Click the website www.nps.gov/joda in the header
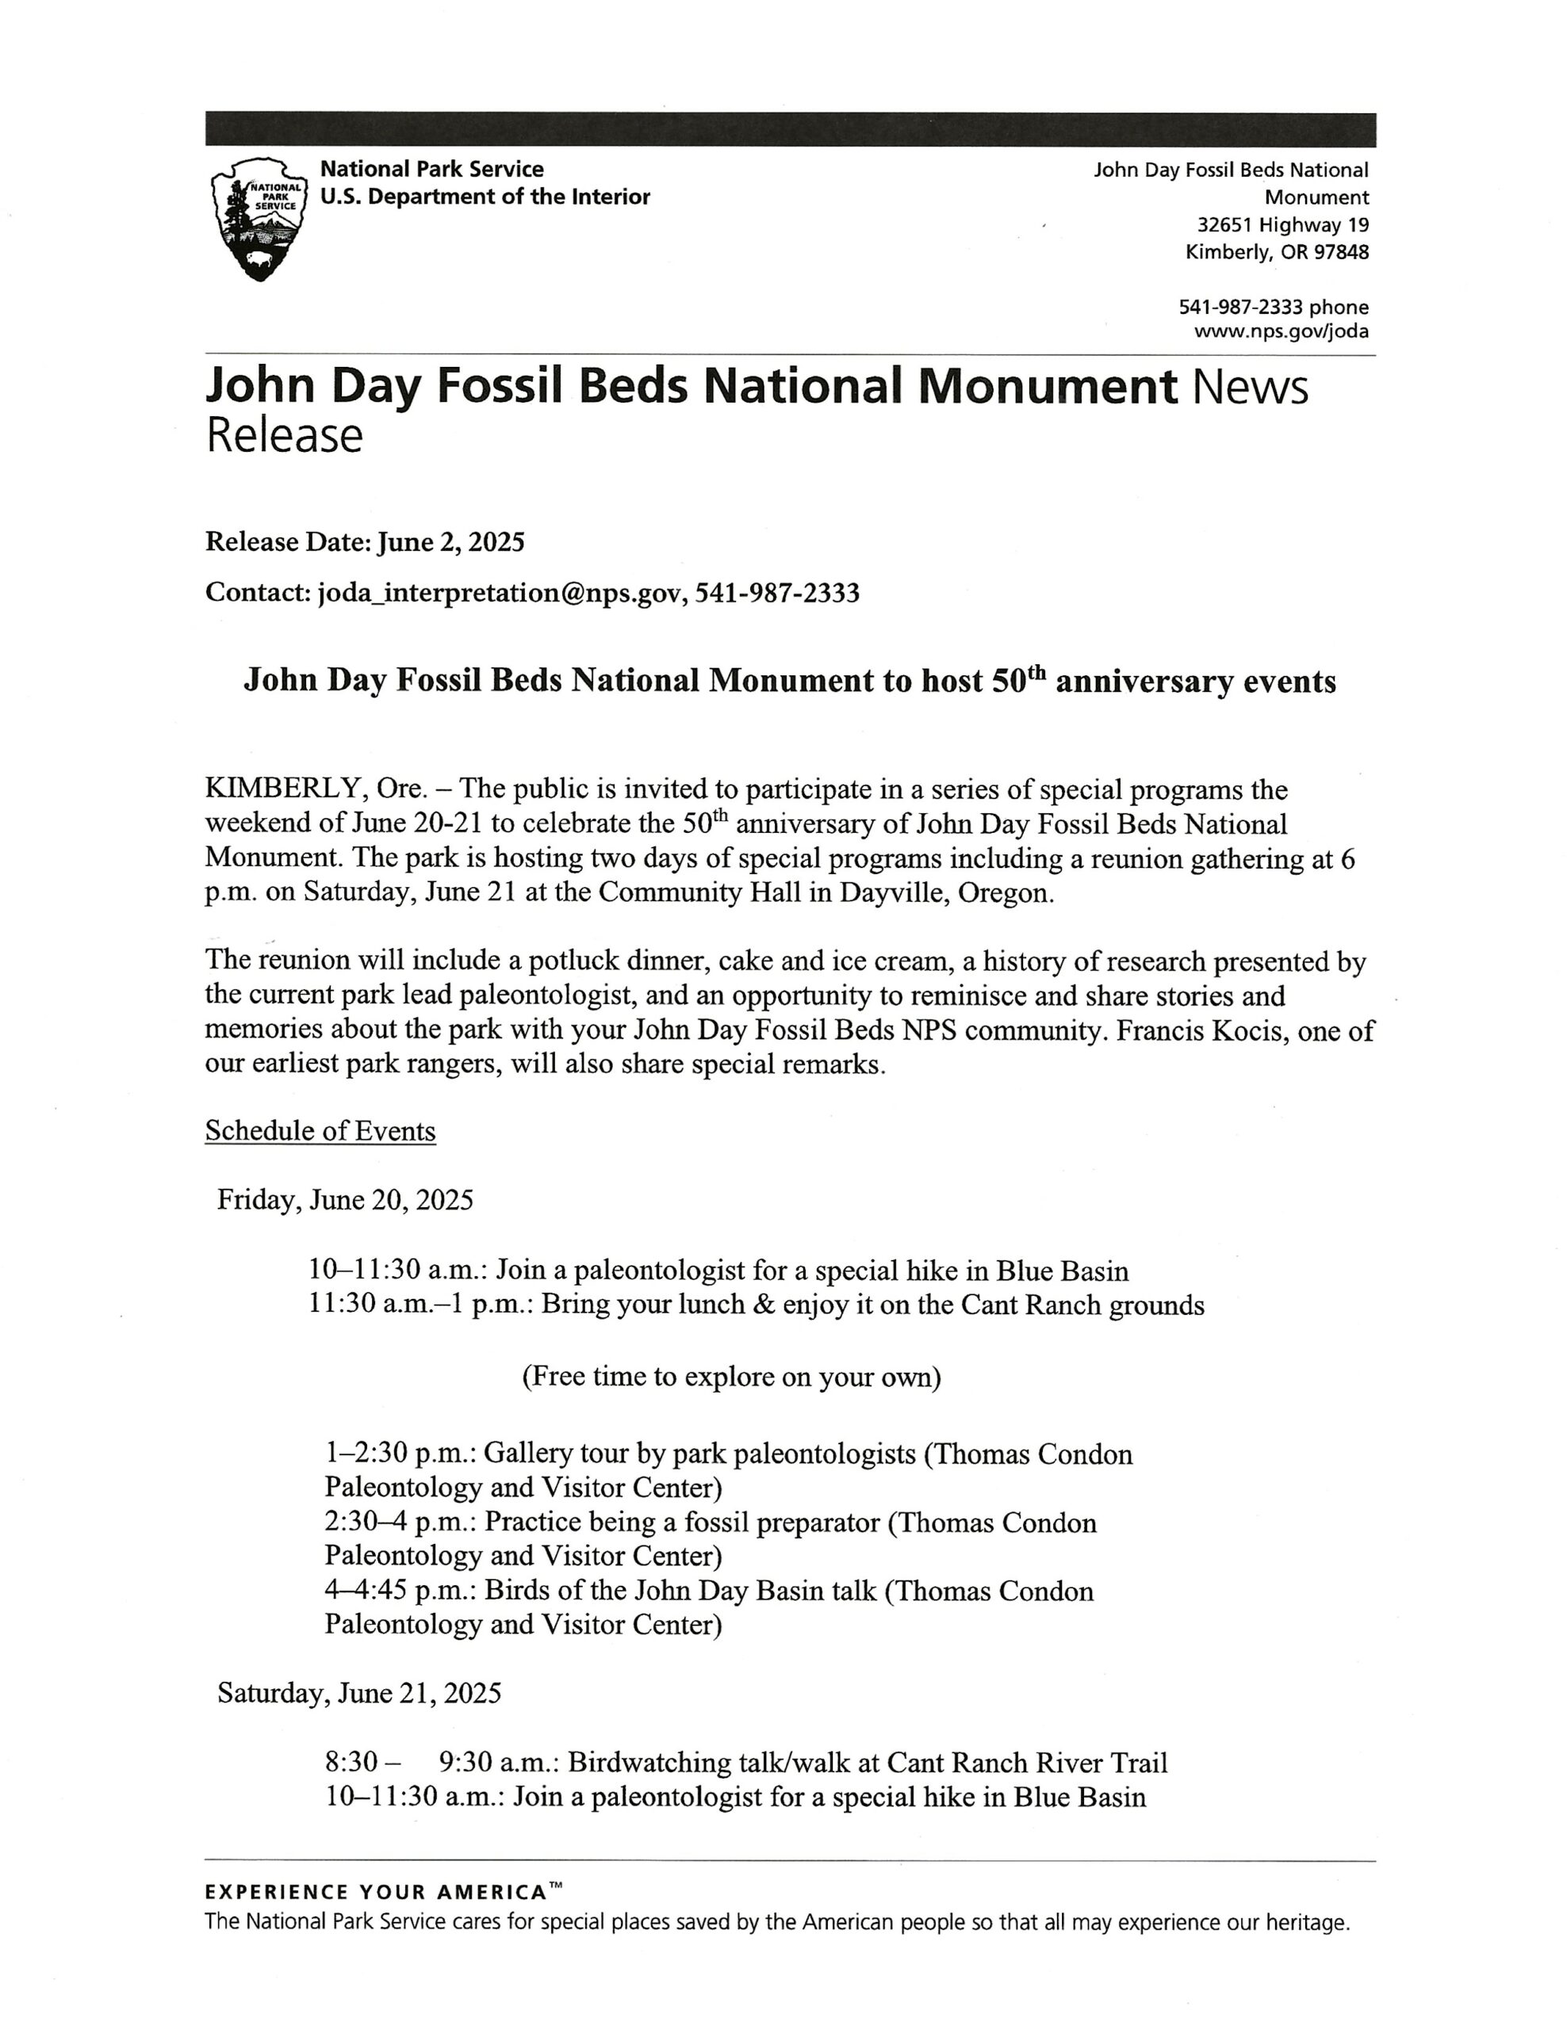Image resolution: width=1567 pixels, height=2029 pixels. pos(1280,331)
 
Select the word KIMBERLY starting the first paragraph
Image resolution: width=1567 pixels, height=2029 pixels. pos(282,789)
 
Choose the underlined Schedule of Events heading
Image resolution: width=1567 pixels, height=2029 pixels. pos(320,1131)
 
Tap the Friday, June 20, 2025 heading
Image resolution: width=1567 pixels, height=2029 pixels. pos(345,1199)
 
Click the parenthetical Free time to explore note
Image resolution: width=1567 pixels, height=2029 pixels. pos(730,1376)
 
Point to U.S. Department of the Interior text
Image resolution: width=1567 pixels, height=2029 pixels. pos(485,197)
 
